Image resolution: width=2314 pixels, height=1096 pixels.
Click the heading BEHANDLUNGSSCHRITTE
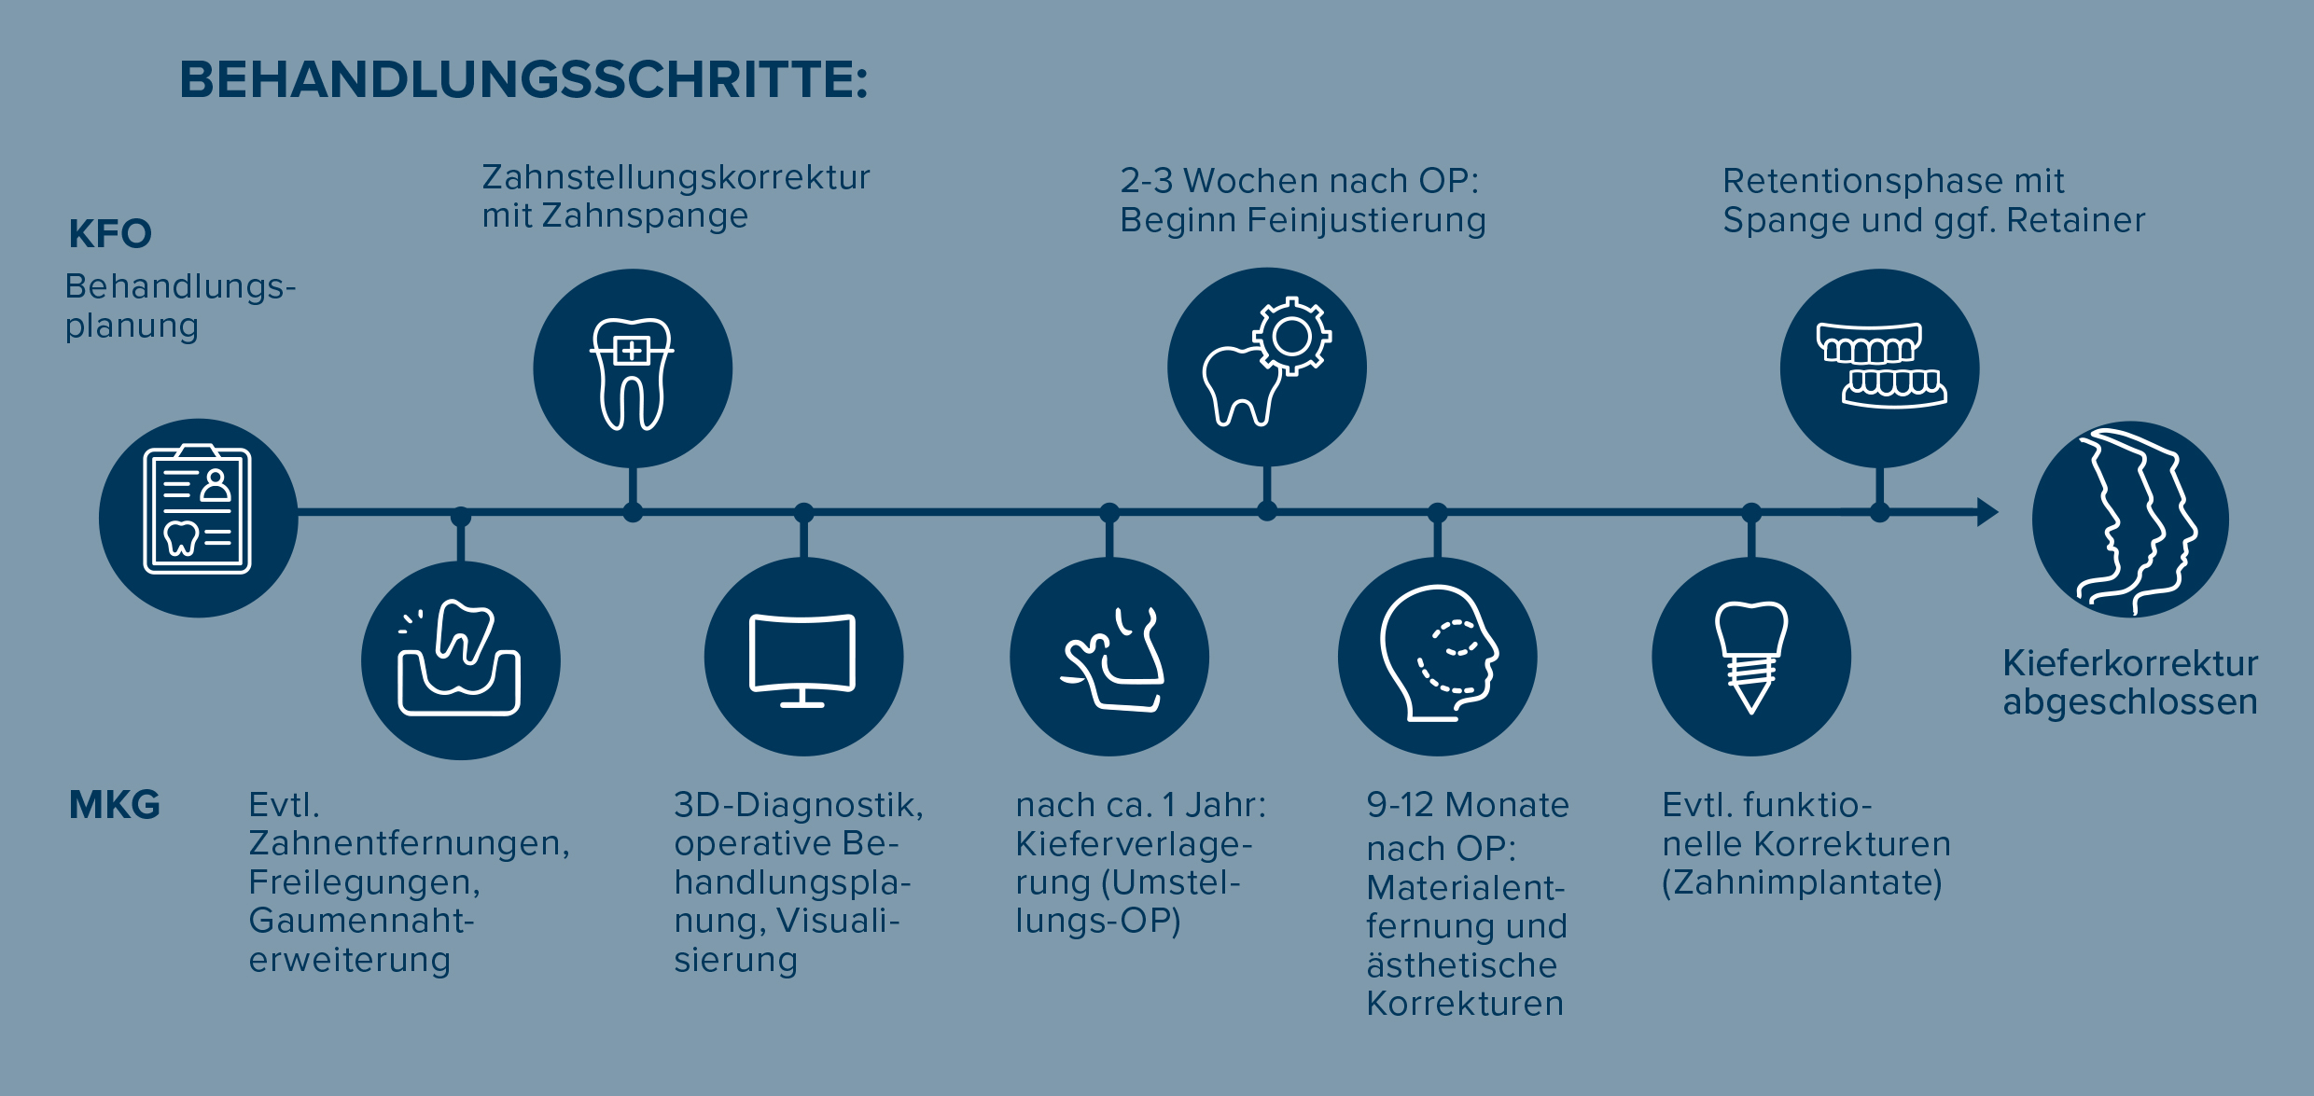coord(523,79)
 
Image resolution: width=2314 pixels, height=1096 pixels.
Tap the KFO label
coord(110,234)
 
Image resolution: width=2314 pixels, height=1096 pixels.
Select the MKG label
coord(115,804)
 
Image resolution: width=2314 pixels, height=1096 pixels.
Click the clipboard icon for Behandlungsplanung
coord(198,509)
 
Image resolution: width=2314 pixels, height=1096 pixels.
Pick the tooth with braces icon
coord(632,374)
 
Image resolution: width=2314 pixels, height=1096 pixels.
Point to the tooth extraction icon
coord(459,658)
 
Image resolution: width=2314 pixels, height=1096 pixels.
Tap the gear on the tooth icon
coord(1291,337)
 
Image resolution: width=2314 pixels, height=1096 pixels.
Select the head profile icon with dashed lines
coord(1439,653)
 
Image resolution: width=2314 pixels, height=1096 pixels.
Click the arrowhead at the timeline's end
coord(1988,512)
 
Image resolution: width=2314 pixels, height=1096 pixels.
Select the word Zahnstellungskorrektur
coord(676,177)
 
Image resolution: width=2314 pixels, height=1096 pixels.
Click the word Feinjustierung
coord(1366,221)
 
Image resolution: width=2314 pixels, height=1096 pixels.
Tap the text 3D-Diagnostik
coord(799,805)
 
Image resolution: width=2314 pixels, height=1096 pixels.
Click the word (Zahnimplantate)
coord(1802,882)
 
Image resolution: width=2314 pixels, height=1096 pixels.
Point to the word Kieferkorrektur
coord(2130,663)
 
